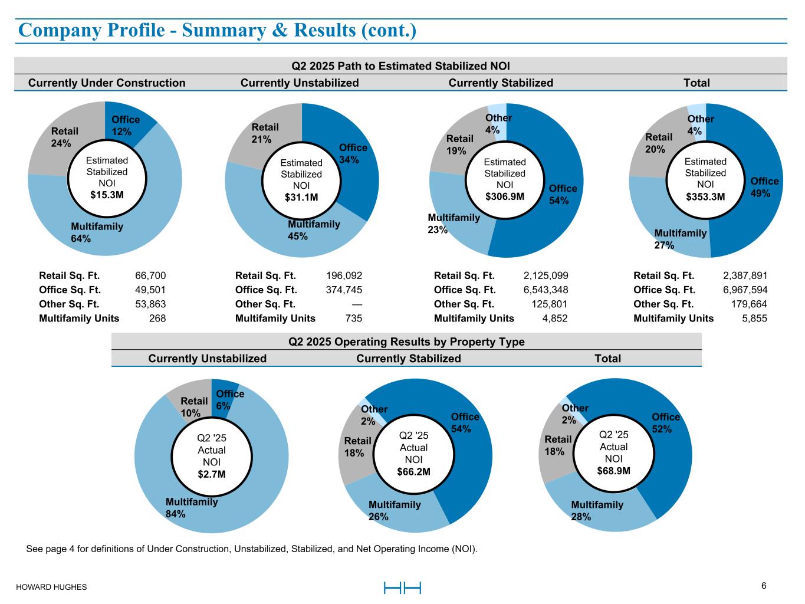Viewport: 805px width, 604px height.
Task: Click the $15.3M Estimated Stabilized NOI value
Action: coord(107,195)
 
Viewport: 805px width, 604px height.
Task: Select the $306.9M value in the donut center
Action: coord(504,196)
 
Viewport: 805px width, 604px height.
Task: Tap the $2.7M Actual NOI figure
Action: coord(211,474)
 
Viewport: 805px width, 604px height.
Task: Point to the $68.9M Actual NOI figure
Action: coord(613,470)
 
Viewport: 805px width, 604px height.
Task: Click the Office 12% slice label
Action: coord(126,126)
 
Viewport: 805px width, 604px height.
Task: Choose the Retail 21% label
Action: coord(265,133)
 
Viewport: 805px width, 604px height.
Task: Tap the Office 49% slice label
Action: coord(764,186)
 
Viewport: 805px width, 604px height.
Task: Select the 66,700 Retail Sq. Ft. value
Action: coord(150,275)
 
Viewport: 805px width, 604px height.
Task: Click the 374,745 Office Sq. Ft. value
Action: coord(344,290)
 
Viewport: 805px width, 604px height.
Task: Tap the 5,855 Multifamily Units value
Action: coord(755,318)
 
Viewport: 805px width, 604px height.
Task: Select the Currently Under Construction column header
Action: coord(107,83)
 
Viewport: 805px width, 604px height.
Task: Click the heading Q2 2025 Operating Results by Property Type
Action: coord(406,342)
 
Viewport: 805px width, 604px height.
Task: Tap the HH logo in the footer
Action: coord(402,588)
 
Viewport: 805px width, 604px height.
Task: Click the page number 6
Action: coord(764,586)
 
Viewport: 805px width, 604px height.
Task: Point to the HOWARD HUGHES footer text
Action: coord(51,587)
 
